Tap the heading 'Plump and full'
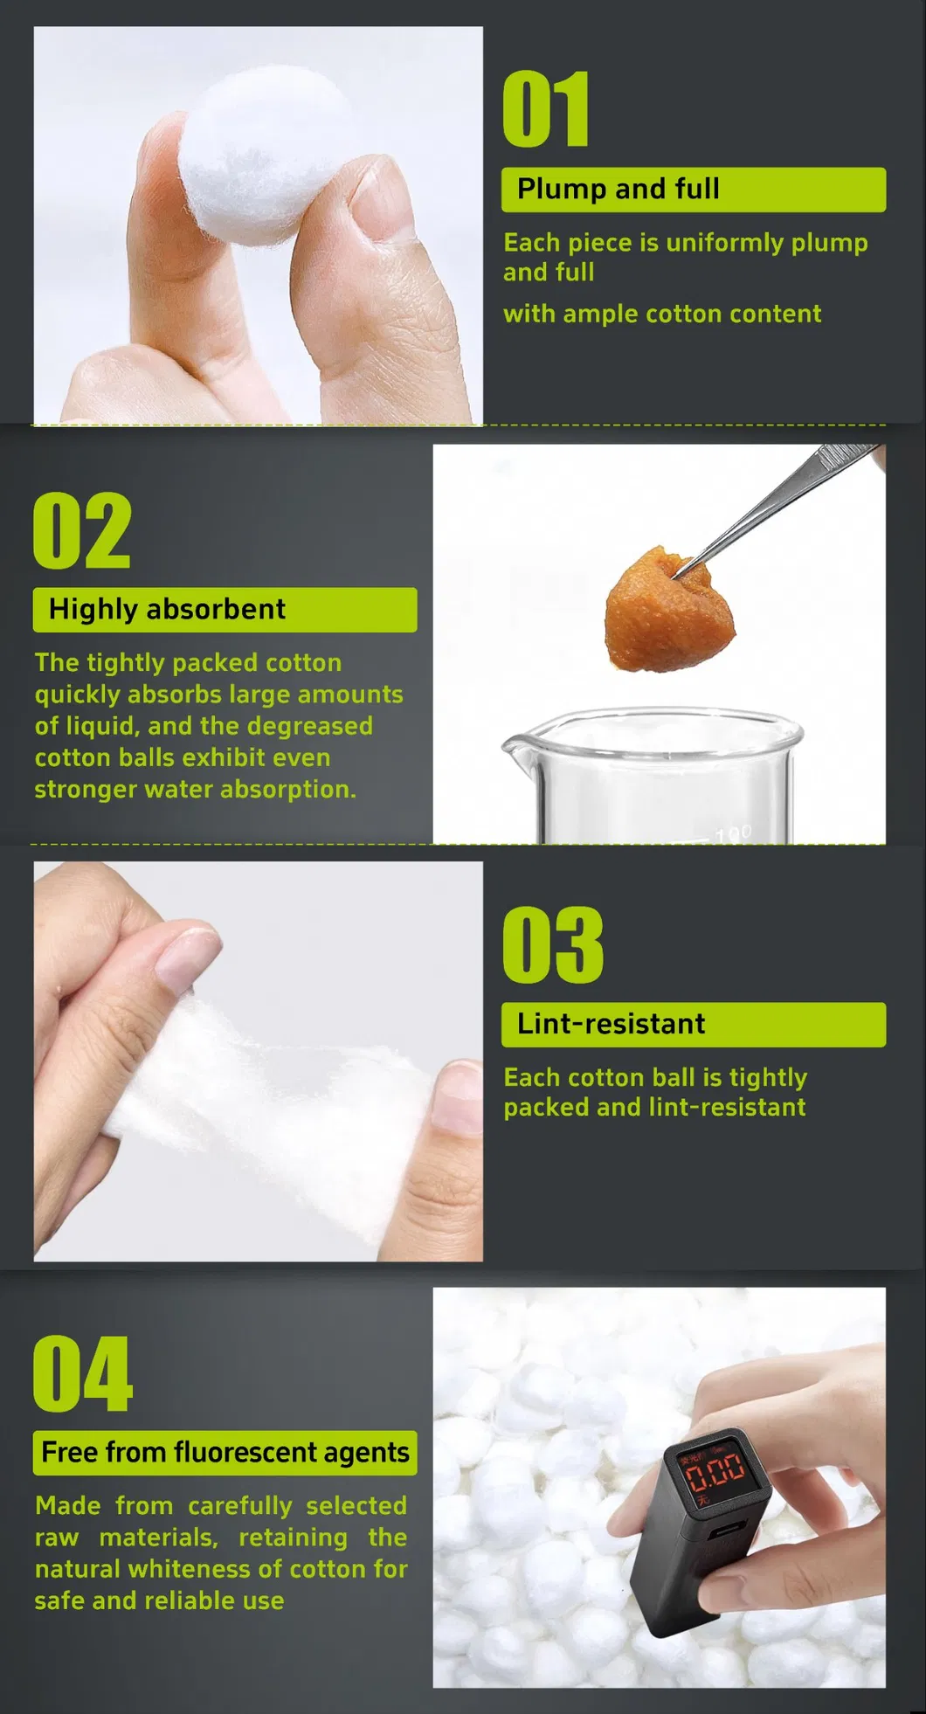coord(618,189)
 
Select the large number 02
coord(82,530)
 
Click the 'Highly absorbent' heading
coord(167,609)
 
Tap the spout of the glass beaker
coord(512,747)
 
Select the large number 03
coord(552,944)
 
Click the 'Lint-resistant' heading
coord(611,1024)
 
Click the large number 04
coord(82,1373)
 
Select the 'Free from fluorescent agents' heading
coord(225,1452)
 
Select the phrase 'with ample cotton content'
coord(661,314)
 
